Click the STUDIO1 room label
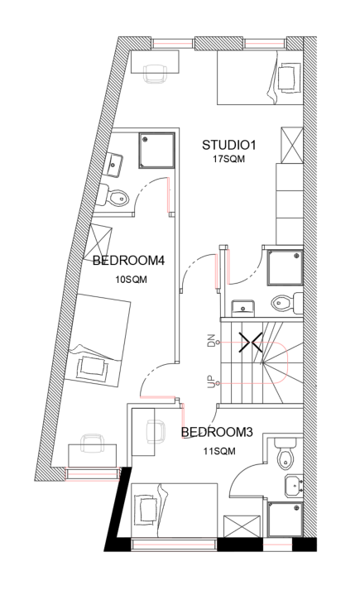tap(228, 145)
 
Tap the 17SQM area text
tap(228, 159)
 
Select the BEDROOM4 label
tap(128, 261)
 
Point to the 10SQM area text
tap(131, 280)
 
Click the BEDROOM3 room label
tap(217, 432)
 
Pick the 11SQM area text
tap(219, 451)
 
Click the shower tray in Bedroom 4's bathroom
tap(157, 150)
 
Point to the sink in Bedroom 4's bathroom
tap(113, 165)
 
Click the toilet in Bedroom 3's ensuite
tap(285, 453)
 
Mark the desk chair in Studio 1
tap(155, 73)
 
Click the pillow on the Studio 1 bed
tap(290, 78)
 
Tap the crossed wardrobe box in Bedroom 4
tap(101, 240)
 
